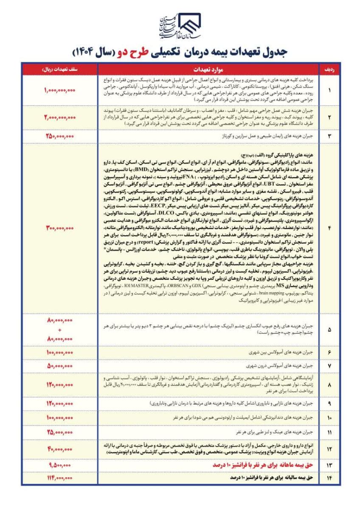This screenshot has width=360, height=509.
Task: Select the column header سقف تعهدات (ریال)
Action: click(x=59, y=69)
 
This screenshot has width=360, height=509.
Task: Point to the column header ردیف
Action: click(x=329, y=69)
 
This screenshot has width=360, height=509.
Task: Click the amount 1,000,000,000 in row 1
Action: click(x=59, y=90)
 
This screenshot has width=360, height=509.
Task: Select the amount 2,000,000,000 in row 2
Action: click(x=59, y=117)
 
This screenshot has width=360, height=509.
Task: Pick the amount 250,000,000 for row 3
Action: click(x=59, y=136)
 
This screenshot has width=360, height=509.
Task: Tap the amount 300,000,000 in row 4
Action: click(x=59, y=228)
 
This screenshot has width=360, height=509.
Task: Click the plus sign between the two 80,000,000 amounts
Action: click(x=60, y=330)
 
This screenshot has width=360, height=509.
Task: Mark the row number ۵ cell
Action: click(x=329, y=330)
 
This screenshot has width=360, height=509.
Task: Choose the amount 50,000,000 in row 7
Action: click(x=59, y=365)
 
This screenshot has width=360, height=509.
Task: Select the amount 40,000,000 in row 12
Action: click(x=59, y=448)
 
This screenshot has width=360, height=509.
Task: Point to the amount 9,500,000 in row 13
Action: click(x=59, y=465)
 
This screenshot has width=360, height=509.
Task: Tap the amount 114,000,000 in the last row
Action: click(x=59, y=477)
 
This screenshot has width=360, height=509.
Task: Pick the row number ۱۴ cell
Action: click(x=329, y=477)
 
